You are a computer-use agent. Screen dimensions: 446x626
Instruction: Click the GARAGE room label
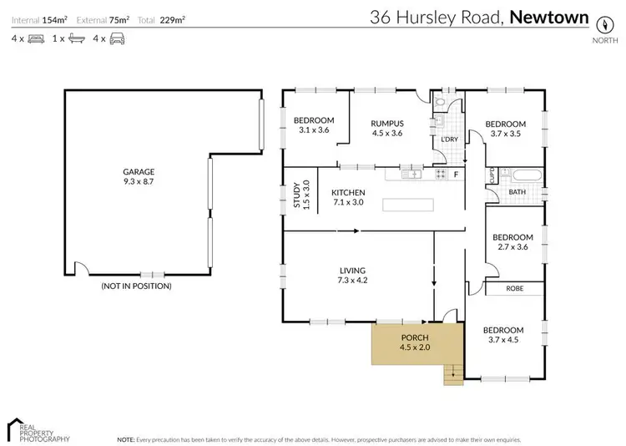[139, 171]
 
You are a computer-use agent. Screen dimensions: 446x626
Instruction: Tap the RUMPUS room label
[386, 123]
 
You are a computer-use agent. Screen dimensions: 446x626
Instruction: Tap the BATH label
[517, 192]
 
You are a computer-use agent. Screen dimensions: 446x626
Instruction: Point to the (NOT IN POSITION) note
[136, 286]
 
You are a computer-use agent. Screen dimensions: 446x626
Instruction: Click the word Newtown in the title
[548, 16]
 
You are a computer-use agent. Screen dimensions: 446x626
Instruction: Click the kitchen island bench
[410, 205]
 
